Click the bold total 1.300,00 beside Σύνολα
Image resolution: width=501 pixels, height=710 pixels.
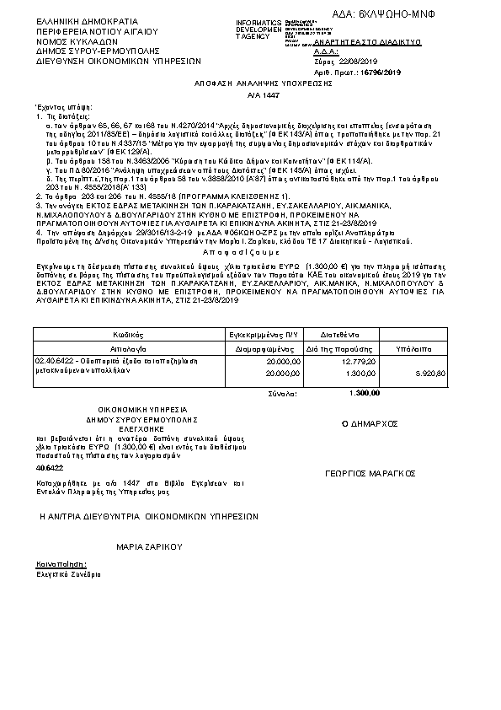click(x=364, y=392)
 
